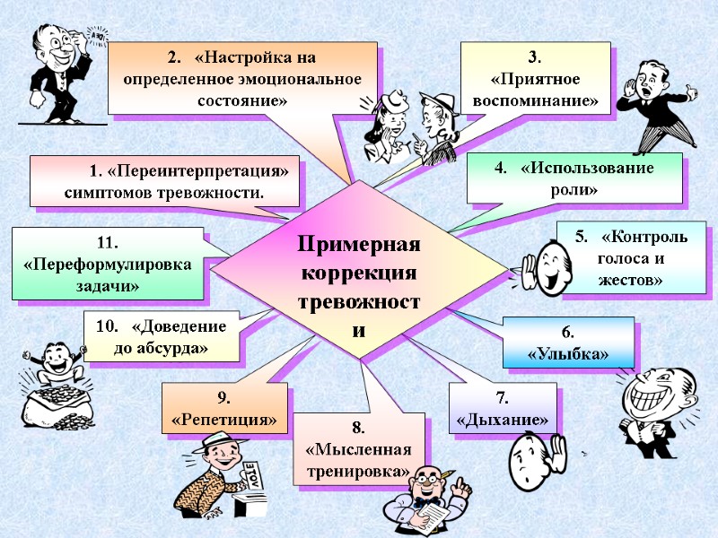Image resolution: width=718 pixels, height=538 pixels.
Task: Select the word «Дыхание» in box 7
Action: click(503, 420)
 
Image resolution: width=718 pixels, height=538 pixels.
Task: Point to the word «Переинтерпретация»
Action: click(198, 170)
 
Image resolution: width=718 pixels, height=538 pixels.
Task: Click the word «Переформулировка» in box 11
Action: click(108, 265)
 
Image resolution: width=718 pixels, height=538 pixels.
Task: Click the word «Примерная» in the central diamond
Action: click(359, 245)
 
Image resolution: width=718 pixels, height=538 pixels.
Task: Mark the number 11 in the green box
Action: click(108, 242)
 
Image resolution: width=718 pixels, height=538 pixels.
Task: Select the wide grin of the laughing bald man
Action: click(649, 392)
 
